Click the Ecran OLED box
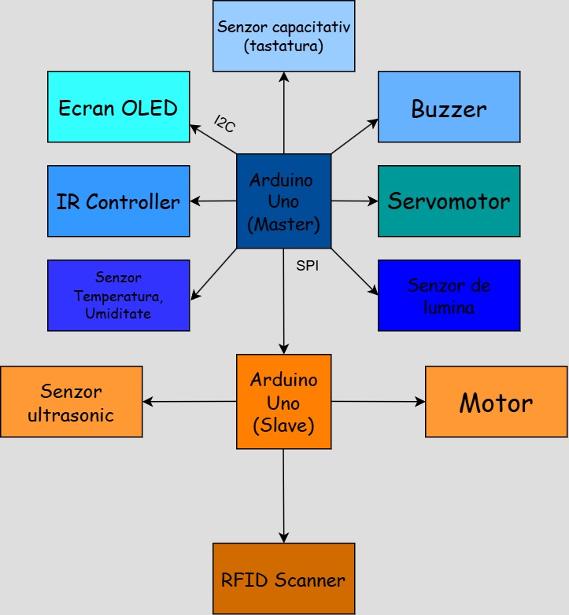click(x=118, y=107)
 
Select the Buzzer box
click(x=449, y=107)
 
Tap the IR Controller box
click(x=118, y=201)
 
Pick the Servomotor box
click(x=449, y=201)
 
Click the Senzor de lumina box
click(x=449, y=296)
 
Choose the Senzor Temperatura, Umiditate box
click(x=118, y=296)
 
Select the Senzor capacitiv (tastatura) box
click(x=283, y=36)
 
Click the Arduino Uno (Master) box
click(x=283, y=201)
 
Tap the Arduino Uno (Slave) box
click(x=283, y=402)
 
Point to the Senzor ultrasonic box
click(x=71, y=402)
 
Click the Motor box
click(x=496, y=402)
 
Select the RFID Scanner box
click(x=283, y=579)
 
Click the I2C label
click(x=224, y=124)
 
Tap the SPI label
click(x=307, y=266)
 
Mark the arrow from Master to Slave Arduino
click(x=283, y=307)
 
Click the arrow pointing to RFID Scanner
click(x=283, y=495)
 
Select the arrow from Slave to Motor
click(x=378, y=402)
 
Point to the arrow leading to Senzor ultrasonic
click(x=189, y=402)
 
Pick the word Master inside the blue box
click(x=283, y=224)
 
